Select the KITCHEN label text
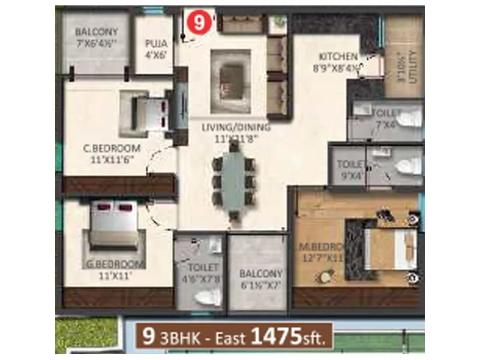(x=338, y=57)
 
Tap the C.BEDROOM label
(x=112, y=148)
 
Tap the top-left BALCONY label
(x=96, y=32)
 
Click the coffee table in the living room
(x=230, y=75)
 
